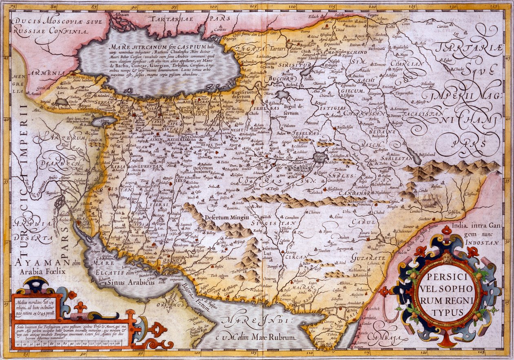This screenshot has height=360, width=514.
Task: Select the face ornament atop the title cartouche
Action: [x=447, y=257]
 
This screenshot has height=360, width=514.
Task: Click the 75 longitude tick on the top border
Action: [x=14, y=7]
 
